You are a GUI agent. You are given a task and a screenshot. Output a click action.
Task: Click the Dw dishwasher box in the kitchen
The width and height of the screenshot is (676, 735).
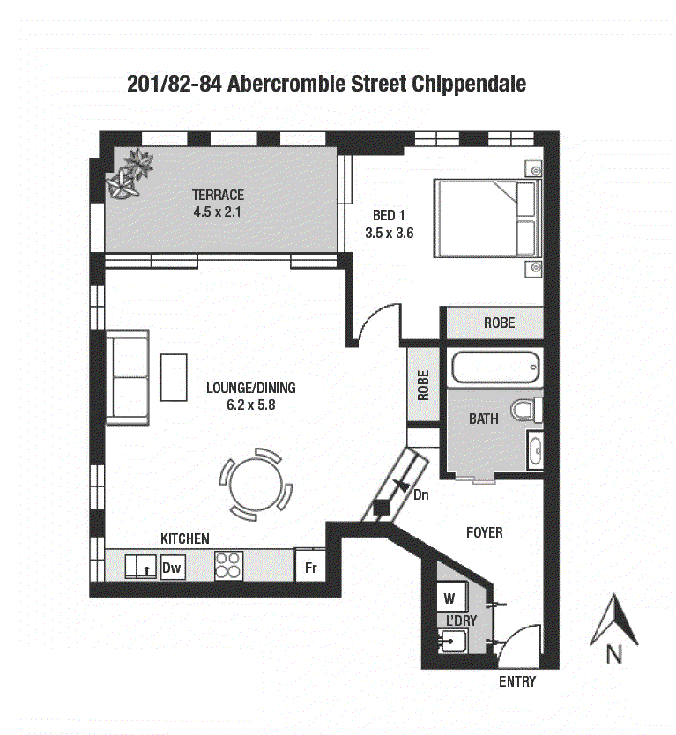click(x=173, y=568)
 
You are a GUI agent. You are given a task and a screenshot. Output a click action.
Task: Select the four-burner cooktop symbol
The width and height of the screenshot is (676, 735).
click(x=229, y=565)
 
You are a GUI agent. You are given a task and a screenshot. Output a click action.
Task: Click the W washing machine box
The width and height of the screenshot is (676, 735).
click(x=451, y=598)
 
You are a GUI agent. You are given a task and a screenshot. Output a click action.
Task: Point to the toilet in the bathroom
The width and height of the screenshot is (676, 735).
click(x=527, y=410)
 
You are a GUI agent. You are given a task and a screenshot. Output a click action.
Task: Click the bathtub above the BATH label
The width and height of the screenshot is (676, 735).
click(x=495, y=367)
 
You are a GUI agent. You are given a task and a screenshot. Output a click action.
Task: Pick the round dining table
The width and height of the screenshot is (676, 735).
click(x=256, y=485)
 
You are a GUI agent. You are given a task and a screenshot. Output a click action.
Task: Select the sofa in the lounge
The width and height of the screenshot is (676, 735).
click(x=128, y=377)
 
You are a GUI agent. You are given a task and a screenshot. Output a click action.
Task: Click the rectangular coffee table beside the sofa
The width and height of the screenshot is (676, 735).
click(x=174, y=377)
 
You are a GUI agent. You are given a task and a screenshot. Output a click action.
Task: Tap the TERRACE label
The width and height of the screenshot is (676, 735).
click(x=218, y=195)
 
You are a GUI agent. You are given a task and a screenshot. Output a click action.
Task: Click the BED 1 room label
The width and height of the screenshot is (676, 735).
click(x=389, y=215)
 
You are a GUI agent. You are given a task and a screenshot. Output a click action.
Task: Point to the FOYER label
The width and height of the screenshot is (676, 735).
click(x=484, y=532)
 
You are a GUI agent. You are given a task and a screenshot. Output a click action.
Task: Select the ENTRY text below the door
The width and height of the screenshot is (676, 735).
click(x=517, y=681)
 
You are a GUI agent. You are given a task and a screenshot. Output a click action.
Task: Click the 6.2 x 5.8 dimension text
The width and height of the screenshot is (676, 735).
click(x=251, y=405)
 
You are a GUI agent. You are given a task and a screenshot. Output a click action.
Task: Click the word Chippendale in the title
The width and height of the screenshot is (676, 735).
click(x=469, y=85)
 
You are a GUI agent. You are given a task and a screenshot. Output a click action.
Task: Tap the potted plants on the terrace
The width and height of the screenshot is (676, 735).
click(x=130, y=174)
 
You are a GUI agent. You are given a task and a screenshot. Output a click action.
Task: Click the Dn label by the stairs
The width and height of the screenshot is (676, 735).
click(x=421, y=495)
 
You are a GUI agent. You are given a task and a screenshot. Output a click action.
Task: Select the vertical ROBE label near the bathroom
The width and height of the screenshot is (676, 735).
click(x=423, y=385)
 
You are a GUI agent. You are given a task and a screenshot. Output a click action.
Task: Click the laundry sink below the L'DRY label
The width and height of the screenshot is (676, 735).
click(x=452, y=641)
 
